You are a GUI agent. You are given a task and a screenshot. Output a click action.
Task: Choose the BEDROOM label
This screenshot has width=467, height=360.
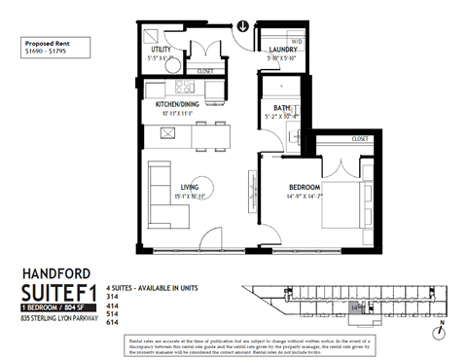pyautogui.click(x=304, y=187)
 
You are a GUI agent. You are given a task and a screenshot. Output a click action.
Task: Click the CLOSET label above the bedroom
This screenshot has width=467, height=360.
pyautogui.click(x=359, y=139)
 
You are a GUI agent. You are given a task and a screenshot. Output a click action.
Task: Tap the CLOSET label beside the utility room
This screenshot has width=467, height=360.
pyautogui.click(x=205, y=71)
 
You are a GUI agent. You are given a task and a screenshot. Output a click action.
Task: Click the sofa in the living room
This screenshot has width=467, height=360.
pyautogui.click(x=158, y=186)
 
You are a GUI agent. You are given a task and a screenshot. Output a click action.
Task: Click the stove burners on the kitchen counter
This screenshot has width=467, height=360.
pyautogui.click(x=162, y=133)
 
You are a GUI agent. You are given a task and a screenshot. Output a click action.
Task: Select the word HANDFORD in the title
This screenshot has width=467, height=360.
pyautogui.click(x=57, y=273)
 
